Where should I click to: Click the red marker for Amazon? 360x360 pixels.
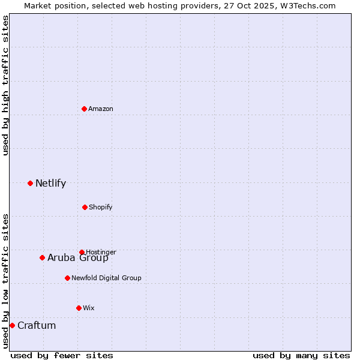click(84, 109)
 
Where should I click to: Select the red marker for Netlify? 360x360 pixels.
click(30, 183)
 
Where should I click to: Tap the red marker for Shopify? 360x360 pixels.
click(85, 207)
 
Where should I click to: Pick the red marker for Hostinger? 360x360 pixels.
click(82, 252)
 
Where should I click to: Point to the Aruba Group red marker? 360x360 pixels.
click(42, 257)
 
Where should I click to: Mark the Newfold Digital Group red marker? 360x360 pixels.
click(67, 278)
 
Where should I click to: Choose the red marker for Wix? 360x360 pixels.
click(79, 308)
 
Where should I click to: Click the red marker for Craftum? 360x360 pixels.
click(12, 325)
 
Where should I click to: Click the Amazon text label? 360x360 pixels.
click(101, 109)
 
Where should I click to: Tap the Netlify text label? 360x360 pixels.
click(50, 183)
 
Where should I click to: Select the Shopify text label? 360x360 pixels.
click(101, 207)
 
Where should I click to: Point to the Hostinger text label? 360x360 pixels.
click(101, 252)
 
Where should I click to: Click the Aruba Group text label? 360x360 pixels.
click(78, 258)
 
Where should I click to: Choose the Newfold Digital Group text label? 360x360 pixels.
click(106, 278)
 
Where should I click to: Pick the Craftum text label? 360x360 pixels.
click(37, 325)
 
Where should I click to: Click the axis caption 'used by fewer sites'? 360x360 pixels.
click(62, 355)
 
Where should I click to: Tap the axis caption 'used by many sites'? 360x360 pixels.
click(301, 355)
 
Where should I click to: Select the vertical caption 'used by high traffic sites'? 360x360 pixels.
click(6, 85)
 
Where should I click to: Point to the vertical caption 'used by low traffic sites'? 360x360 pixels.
click(6, 280)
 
